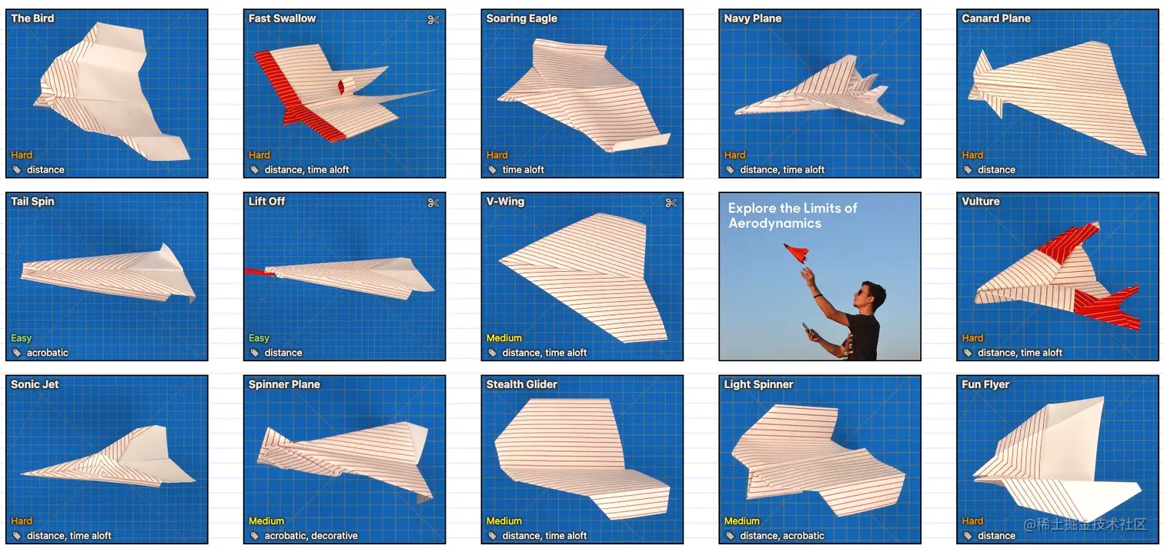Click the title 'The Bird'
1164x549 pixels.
(x=32, y=18)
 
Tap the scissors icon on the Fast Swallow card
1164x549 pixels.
(x=433, y=20)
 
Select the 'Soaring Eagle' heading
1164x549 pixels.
(x=521, y=18)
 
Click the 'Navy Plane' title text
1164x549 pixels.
(x=752, y=18)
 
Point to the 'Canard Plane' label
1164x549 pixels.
(x=995, y=18)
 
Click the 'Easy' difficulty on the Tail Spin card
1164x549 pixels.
(x=22, y=338)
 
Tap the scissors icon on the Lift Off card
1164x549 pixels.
(x=433, y=203)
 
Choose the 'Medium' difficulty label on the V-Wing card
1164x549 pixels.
(x=504, y=338)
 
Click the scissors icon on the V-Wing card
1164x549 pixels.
(x=671, y=203)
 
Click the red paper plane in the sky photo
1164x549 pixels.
(x=797, y=253)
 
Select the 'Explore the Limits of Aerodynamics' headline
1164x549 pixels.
(x=792, y=216)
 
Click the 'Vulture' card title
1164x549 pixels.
(x=980, y=201)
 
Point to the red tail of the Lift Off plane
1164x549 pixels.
(x=255, y=271)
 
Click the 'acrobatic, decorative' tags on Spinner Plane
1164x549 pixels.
(x=311, y=535)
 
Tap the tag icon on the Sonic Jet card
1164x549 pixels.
(x=17, y=535)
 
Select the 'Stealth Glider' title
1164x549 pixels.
(x=521, y=384)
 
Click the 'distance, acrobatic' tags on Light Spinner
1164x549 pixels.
(x=781, y=535)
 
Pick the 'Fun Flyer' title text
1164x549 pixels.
(x=985, y=384)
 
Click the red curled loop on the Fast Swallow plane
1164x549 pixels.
(x=342, y=86)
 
